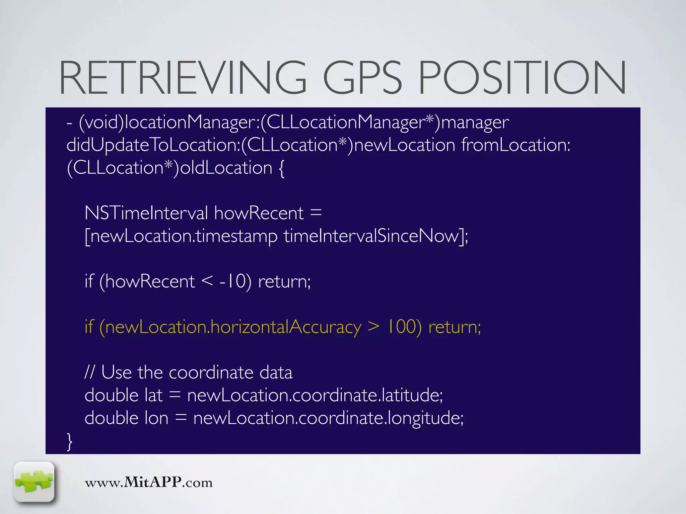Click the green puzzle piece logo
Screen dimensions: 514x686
click(x=34, y=482)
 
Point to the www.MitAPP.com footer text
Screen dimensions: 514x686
click(x=149, y=483)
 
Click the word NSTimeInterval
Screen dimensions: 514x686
click(x=146, y=213)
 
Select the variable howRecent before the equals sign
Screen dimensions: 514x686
click(x=259, y=213)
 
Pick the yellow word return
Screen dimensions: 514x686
click(x=454, y=327)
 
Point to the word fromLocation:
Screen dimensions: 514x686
click(x=516, y=145)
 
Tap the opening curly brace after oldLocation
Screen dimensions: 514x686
click(x=281, y=168)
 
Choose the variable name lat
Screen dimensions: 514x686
click(x=153, y=395)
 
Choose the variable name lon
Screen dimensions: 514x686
click(x=156, y=418)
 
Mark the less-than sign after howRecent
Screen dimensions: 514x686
click(x=207, y=281)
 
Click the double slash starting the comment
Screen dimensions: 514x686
click(x=89, y=372)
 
